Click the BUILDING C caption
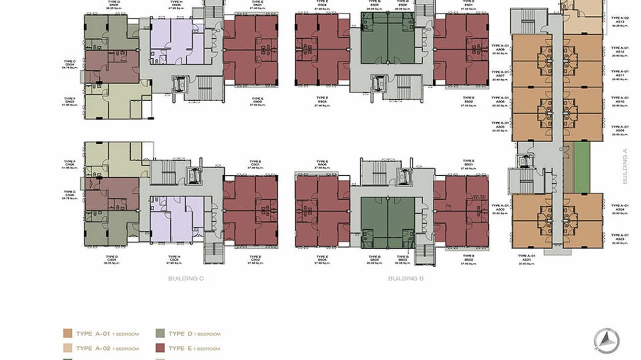click(186, 278)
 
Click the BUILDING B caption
click(406, 278)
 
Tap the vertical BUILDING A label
click(625, 166)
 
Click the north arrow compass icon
click(606, 341)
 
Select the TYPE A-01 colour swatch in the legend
click(67, 334)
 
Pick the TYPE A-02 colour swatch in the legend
click(67, 349)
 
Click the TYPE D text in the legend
click(176, 334)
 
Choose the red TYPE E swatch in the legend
click(160, 349)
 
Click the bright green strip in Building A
click(582, 167)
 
